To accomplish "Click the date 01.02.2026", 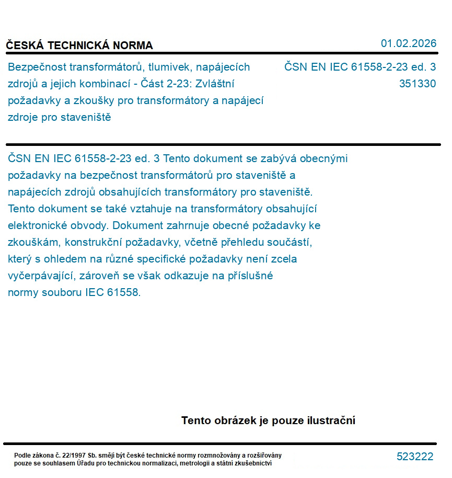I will point(409,43).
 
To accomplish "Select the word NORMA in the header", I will point(135,45).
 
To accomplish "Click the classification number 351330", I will point(417,84).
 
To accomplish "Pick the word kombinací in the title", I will point(111,84).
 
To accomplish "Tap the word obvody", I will point(90,226).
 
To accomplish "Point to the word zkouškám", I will point(32,243).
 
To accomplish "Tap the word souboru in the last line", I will point(64,292).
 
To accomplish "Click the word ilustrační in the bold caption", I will point(330,420).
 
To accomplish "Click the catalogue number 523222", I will point(415,457).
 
